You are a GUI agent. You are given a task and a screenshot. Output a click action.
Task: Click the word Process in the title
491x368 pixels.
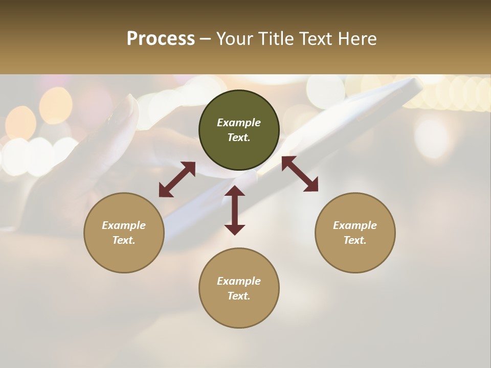click(161, 39)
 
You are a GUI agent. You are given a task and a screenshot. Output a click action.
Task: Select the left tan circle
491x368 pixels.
click(124, 256)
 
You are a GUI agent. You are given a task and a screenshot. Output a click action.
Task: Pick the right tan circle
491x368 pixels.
click(355, 256)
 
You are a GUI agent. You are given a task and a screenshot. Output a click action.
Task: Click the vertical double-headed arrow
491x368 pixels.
click(235, 210)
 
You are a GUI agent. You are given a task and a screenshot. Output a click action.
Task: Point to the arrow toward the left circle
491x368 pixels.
click(177, 179)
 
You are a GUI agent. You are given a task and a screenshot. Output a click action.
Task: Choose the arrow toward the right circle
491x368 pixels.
click(300, 174)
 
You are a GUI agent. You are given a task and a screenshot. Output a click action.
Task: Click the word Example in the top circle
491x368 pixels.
click(239, 123)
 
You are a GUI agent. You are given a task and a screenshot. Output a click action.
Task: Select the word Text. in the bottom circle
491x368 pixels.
click(239, 296)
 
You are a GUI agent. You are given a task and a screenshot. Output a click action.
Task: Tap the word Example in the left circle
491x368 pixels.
click(124, 225)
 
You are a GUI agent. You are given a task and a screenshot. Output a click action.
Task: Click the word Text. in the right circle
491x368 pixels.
click(355, 240)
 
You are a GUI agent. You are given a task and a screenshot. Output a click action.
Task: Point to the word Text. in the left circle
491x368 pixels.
click(124, 240)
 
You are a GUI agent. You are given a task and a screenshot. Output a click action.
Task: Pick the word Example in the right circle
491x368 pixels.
click(355, 225)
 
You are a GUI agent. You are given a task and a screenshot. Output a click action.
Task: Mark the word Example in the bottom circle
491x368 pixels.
click(239, 281)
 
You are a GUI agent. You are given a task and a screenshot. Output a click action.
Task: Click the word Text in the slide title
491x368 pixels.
click(318, 39)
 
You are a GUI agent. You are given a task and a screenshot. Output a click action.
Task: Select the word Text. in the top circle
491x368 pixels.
click(239, 137)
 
